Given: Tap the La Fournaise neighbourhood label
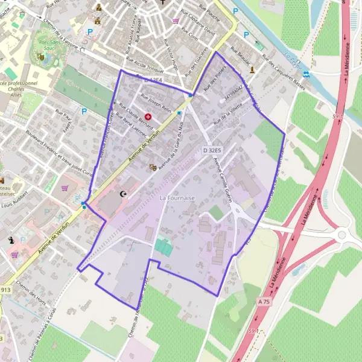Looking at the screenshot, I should click(177, 198).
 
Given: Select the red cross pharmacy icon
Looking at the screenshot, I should click(148, 116).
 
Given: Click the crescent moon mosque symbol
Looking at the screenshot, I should click(125, 194).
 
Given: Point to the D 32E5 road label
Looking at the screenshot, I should click(212, 150).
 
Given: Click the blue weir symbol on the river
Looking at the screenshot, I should click(306, 74).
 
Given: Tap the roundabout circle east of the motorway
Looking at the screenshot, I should click(343, 235).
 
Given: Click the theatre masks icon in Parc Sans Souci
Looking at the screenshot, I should click(40, 57).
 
